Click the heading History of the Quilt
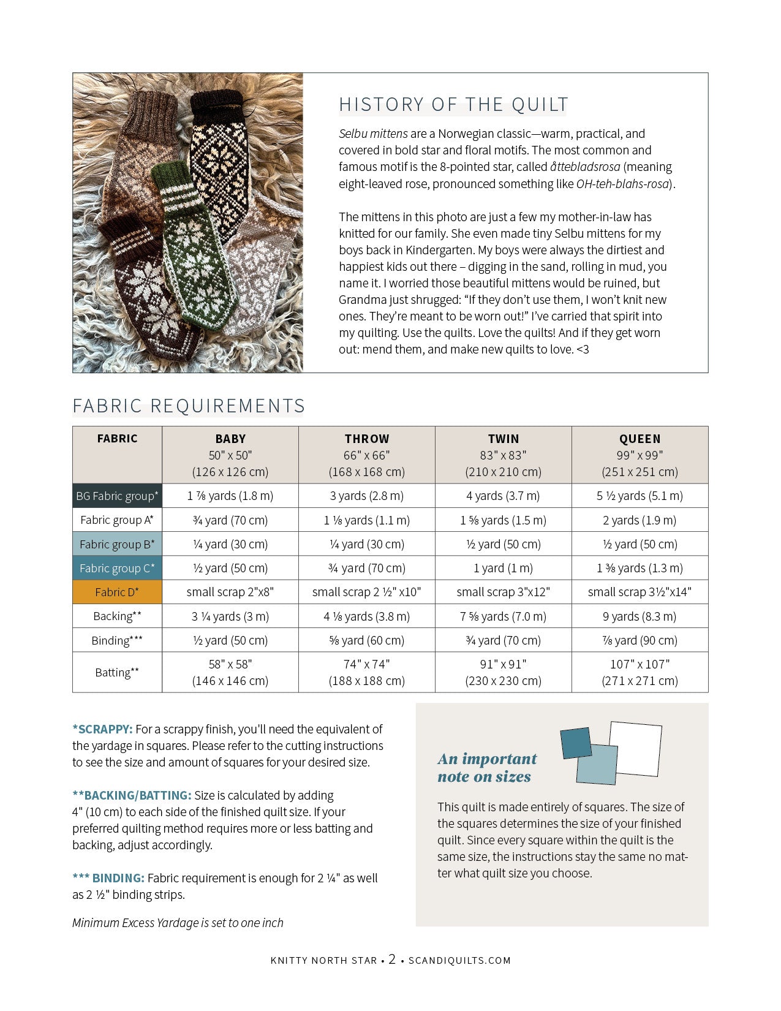(x=453, y=105)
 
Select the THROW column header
(x=367, y=439)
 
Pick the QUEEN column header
(x=640, y=439)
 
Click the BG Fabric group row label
(x=117, y=496)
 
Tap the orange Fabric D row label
(x=117, y=592)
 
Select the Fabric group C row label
(x=117, y=568)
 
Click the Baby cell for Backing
(x=230, y=616)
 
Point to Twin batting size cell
(x=503, y=672)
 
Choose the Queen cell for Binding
(x=640, y=640)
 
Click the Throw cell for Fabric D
(x=367, y=592)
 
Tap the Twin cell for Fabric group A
(x=503, y=520)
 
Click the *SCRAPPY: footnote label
(x=102, y=729)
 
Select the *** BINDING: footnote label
(x=108, y=878)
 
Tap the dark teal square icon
(x=575, y=742)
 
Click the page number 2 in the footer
(x=392, y=960)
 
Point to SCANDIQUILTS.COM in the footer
(x=459, y=960)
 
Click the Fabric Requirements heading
(x=189, y=406)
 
